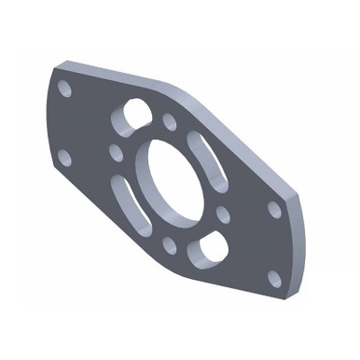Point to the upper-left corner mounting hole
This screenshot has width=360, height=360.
tap(64, 89)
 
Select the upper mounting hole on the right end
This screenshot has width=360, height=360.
tap(274, 209)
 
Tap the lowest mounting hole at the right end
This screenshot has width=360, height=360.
tap(274, 278)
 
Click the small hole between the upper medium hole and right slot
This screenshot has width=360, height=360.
tap(170, 121)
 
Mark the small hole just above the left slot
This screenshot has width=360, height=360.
tap(116, 149)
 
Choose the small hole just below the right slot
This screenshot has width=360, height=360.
tap(223, 215)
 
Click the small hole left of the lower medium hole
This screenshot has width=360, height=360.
tap(170, 245)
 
